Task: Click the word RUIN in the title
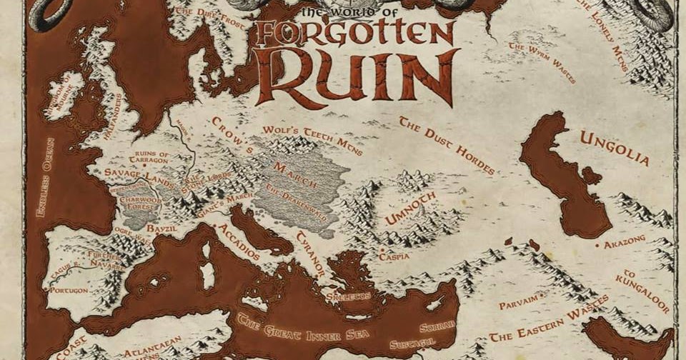click(x=355, y=76)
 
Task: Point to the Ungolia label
click(x=614, y=148)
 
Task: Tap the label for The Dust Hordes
click(x=447, y=145)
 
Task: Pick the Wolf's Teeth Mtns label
click(x=312, y=141)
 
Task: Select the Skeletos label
click(x=348, y=296)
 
